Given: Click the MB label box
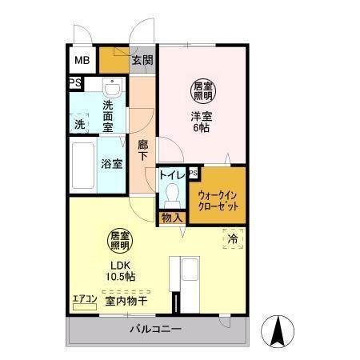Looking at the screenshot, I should (x=82, y=60).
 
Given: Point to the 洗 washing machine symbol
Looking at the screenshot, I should (x=80, y=124).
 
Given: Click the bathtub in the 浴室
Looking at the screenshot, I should (x=83, y=165).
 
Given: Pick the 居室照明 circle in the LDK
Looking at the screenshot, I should (x=120, y=242).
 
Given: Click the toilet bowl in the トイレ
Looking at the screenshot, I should (x=172, y=192).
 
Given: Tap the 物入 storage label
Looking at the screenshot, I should (x=172, y=216).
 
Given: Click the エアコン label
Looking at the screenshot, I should (x=85, y=299).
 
